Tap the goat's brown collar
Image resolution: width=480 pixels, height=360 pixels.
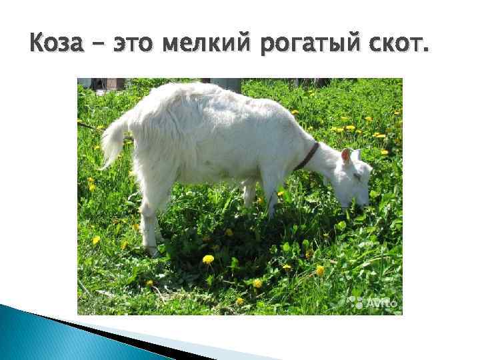click(x=308, y=156)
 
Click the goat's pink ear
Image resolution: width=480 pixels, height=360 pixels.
click(x=346, y=157)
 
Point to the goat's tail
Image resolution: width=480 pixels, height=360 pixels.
click(x=113, y=140)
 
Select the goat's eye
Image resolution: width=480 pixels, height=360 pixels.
click(x=356, y=177)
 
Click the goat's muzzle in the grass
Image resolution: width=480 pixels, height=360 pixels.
click(x=363, y=200)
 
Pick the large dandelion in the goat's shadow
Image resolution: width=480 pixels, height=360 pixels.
click(x=208, y=259)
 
